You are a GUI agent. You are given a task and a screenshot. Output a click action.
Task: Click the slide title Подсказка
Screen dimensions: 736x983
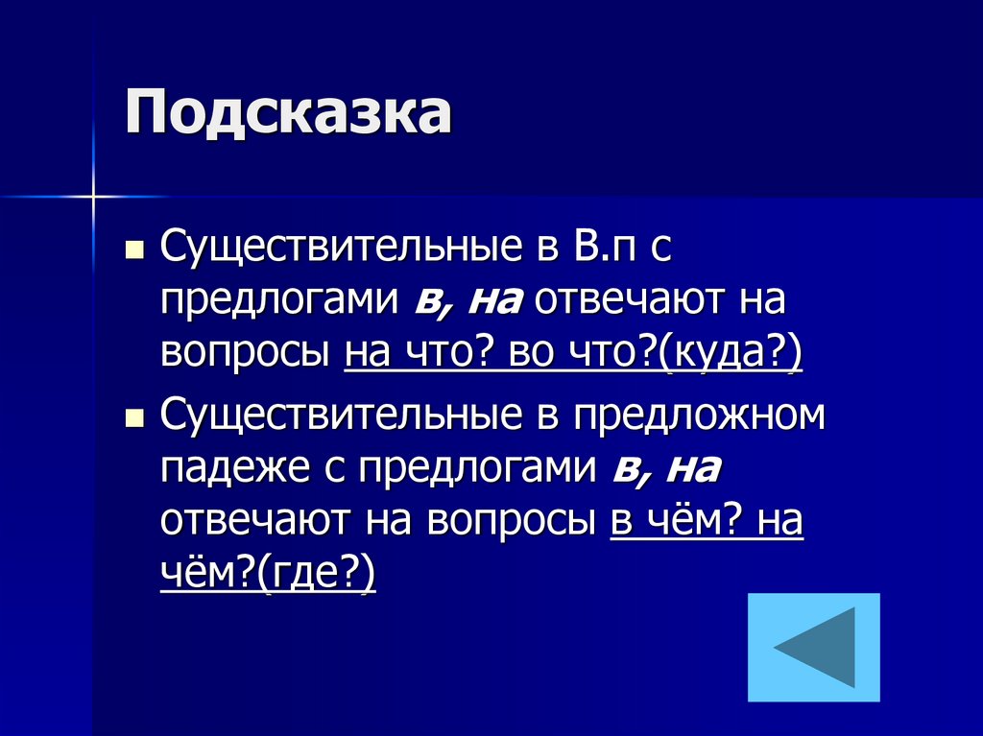pyautogui.click(x=287, y=114)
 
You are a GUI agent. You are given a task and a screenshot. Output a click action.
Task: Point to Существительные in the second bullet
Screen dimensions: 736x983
pyautogui.click(x=336, y=415)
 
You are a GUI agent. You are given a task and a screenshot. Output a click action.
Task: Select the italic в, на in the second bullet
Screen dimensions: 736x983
pyautogui.click(x=664, y=469)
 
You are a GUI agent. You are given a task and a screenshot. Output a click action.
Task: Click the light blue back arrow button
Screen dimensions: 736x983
pyautogui.click(x=813, y=647)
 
